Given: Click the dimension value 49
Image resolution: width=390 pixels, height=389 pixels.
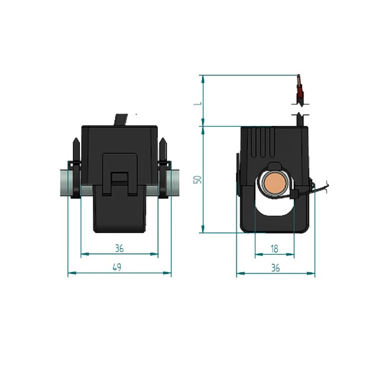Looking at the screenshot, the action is tap(117, 267).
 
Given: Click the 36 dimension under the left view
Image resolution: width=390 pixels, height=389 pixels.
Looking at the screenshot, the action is tap(120, 248).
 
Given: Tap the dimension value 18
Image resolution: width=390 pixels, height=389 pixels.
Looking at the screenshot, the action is tap(274, 249).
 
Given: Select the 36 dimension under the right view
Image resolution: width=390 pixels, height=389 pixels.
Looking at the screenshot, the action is tap(276, 268).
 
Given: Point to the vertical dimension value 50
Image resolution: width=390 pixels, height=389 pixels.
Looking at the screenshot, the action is tap(198, 179).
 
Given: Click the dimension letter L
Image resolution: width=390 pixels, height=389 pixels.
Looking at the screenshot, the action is tap(198, 103).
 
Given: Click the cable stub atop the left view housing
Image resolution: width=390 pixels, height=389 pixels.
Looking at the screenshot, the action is tap(121, 119).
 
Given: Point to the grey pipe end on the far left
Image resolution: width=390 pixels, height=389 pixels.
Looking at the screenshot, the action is tap(64, 182).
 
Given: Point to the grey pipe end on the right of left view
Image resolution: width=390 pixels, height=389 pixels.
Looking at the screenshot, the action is tap(175, 182).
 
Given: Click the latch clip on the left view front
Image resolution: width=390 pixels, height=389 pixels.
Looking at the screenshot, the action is tap(120, 174).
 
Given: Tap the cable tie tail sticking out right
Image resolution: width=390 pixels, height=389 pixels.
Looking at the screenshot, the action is tap(321, 187).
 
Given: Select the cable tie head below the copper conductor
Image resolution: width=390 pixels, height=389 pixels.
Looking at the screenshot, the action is tap(294, 194).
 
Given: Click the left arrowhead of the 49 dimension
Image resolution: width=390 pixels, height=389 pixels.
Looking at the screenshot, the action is tap(72, 273).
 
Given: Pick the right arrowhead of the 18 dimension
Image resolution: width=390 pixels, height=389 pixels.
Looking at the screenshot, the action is tap(290, 255).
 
